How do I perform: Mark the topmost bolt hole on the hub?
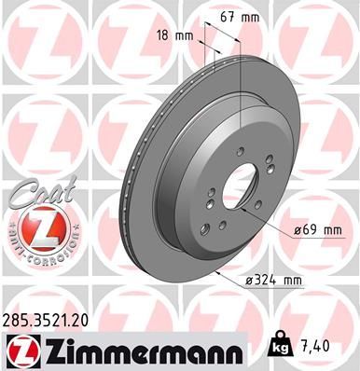pos(239,151)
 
